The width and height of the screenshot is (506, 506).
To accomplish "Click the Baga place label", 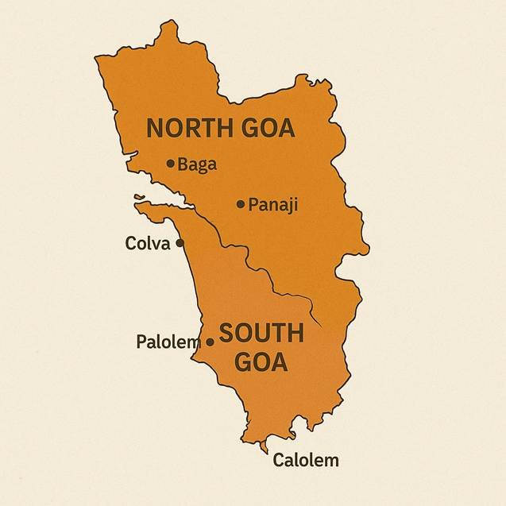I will click(197, 164).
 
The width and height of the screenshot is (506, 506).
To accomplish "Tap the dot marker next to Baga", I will click(170, 164).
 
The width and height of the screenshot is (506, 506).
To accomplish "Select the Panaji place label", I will click(273, 205).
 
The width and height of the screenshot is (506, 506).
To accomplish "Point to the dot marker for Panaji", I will click(241, 204).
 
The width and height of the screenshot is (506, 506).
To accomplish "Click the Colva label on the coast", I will click(148, 243).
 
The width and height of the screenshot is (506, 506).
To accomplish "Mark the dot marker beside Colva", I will click(180, 243).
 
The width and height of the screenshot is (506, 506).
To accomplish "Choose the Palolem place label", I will click(167, 342).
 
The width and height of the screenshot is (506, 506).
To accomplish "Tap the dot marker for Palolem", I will click(210, 342).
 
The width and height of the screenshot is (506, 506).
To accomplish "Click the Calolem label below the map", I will click(306, 460).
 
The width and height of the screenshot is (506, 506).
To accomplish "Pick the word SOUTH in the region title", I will click(261, 334).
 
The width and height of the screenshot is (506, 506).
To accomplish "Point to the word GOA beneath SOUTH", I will click(261, 363).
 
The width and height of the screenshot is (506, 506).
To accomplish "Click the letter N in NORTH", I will click(156, 128).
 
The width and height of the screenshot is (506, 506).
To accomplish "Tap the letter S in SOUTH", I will click(226, 334).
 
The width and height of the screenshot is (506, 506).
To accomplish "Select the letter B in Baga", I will click(183, 164).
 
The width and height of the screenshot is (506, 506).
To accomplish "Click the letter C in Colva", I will click(131, 243).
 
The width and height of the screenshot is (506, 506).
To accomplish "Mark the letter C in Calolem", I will click(279, 460).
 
